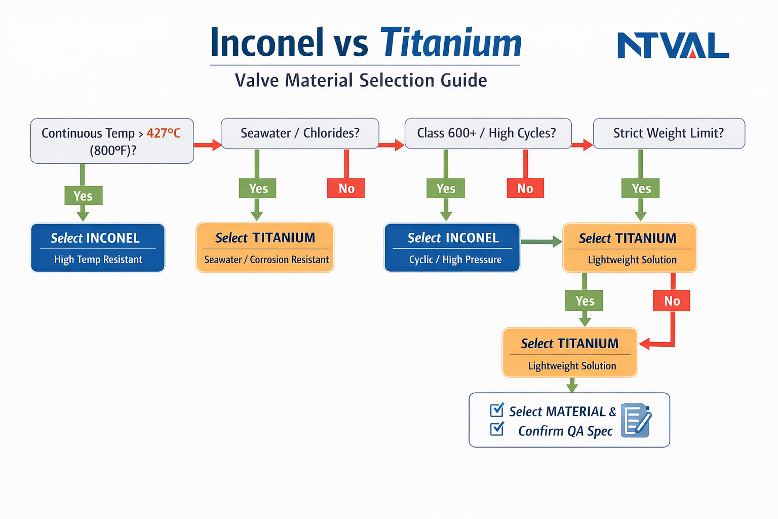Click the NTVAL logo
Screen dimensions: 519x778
(x=673, y=46)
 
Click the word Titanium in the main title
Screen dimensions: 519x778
(x=450, y=43)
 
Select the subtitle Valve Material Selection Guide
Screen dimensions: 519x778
(x=361, y=81)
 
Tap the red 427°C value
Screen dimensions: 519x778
(x=163, y=133)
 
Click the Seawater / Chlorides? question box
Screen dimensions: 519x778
(x=300, y=133)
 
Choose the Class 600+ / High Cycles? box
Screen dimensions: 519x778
(x=488, y=133)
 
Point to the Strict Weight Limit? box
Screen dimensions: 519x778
(x=669, y=133)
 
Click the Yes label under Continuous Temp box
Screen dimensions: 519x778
(x=83, y=196)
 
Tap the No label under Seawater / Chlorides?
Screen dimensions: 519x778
(x=346, y=189)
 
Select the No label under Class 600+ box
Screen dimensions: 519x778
(x=525, y=189)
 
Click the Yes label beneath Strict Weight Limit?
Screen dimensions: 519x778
(x=641, y=189)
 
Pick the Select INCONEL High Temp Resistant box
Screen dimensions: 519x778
(x=98, y=248)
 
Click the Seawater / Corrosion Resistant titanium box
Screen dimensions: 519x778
(x=265, y=248)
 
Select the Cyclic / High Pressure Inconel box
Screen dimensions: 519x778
(x=452, y=248)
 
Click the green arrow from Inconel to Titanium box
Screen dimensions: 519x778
(x=541, y=242)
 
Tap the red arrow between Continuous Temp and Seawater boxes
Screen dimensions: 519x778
(x=207, y=145)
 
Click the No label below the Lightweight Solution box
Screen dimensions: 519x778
(x=672, y=301)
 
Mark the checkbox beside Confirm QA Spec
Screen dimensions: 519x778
(x=497, y=429)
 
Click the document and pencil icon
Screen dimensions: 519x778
(x=636, y=420)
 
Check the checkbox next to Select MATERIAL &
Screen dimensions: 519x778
(x=497, y=410)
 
